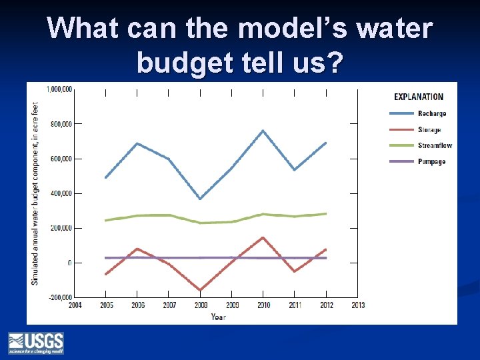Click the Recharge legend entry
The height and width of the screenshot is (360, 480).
(x=431, y=114)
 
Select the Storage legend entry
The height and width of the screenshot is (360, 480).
(x=429, y=130)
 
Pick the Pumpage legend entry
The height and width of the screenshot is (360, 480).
(x=431, y=162)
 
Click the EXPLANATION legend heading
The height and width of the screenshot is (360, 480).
(x=419, y=97)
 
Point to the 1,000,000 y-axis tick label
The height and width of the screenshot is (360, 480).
(x=59, y=89)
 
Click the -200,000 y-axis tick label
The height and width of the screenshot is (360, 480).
(x=61, y=297)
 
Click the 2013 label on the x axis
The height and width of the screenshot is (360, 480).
(x=357, y=306)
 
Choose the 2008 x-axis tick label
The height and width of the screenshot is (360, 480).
(x=200, y=306)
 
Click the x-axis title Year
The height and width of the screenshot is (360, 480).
(x=218, y=317)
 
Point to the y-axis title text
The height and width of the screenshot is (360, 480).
(x=34, y=193)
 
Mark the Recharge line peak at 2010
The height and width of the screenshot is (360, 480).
(x=263, y=131)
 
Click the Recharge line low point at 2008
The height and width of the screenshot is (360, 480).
(x=200, y=199)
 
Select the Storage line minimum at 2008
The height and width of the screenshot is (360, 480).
(x=200, y=291)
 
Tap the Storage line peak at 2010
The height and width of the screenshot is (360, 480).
(x=263, y=237)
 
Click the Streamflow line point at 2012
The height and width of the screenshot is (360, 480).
(x=326, y=214)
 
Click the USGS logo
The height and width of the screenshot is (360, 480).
(x=36, y=343)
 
